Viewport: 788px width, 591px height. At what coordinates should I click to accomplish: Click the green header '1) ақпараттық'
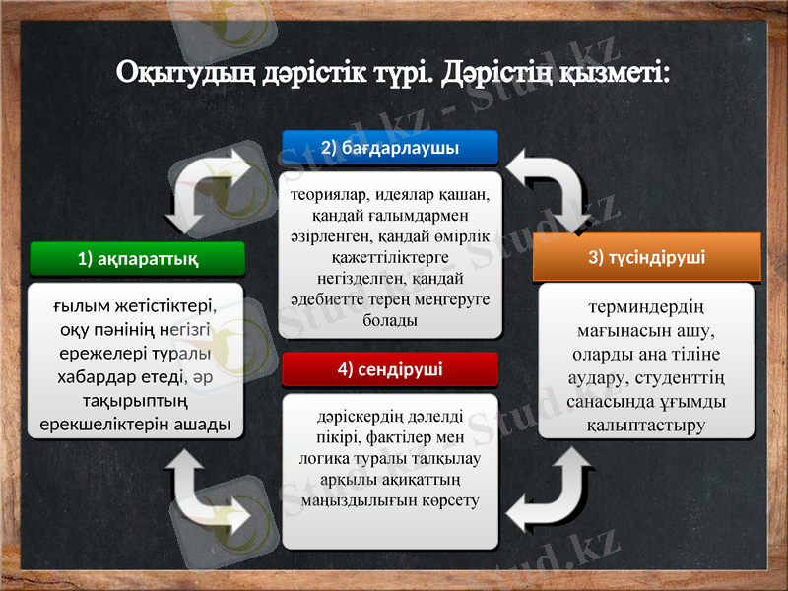coord(137,259)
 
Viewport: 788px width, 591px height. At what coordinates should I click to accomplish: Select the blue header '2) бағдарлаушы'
coord(390,148)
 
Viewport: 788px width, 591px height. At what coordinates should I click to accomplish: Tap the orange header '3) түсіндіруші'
coord(646,257)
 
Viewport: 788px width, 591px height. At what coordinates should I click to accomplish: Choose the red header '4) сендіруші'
coord(390,369)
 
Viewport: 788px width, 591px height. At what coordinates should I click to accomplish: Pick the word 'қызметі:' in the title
coord(615,73)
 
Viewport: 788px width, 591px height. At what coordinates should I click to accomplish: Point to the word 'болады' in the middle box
coord(390,321)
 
